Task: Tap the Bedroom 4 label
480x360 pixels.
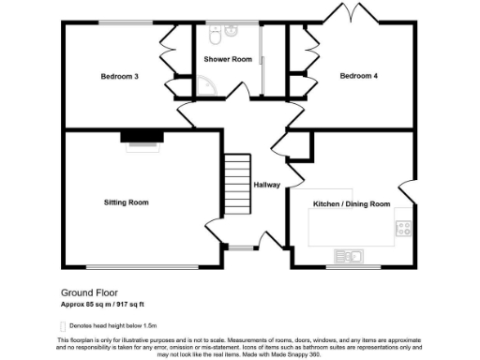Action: point(359,76)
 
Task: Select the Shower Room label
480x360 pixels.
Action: point(228,60)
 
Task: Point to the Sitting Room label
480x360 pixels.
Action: point(126,202)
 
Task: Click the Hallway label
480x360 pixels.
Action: point(267,185)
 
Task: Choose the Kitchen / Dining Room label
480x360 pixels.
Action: point(352,203)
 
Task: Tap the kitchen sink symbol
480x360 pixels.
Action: point(349,254)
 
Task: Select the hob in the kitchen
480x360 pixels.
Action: point(405,229)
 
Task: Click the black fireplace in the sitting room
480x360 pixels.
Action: point(143,137)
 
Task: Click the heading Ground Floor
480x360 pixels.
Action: point(89,292)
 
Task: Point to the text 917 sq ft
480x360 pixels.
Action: point(129,304)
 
